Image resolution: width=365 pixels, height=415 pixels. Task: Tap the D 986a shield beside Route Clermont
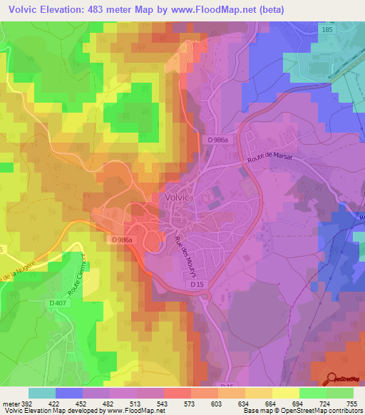coord(123,240)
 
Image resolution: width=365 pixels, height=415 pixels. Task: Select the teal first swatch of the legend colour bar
coord(42,393)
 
